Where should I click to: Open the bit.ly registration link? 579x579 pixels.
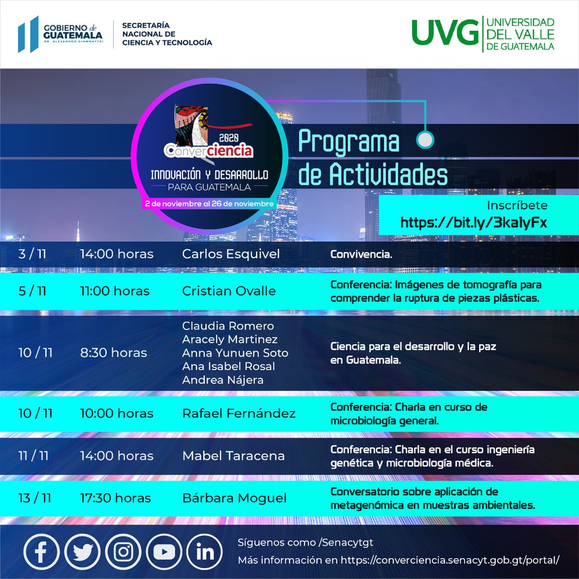[x=474, y=222]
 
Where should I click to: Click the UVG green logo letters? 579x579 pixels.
[x=443, y=34]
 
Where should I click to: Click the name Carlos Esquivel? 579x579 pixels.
[x=231, y=254]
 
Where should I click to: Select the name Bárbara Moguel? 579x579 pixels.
[x=234, y=498]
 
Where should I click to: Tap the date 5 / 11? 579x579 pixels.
[x=32, y=291]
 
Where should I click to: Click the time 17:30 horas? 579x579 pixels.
[x=115, y=498]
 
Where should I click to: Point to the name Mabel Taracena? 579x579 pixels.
[x=233, y=455]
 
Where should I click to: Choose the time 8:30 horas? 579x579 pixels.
[x=113, y=353]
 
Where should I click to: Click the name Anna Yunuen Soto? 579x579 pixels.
[x=235, y=353]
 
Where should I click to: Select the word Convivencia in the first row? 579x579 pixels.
[x=360, y=254]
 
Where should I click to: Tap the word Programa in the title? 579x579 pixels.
[x=349, y=141]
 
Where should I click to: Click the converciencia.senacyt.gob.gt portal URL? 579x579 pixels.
[x=450, y=560]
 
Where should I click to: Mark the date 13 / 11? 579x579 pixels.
[x=35, y=498]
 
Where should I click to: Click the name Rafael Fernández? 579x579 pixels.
[x=238, y=414]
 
